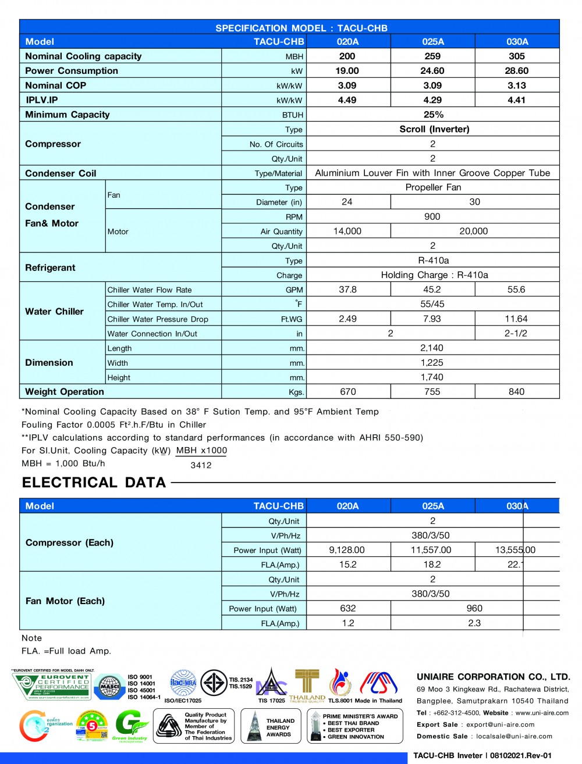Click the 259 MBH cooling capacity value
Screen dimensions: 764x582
(x=432, y=56)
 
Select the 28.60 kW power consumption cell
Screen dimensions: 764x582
(x=517, y=71)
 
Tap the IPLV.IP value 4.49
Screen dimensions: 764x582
(x=347, y=100)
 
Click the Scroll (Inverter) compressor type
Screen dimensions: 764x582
(x=434, y=129)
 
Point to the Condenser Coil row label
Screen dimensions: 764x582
(x=61, y=173)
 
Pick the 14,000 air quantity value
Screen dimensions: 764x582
(x=347, y=231)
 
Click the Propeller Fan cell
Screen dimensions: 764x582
(x=433, y=187)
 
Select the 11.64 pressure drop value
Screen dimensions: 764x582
(x=516, y=319)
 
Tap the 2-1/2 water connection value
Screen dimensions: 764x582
(x=516, y=333)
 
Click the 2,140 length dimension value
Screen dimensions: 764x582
(x=432, y=348)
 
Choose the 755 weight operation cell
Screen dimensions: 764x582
(x=432, y=392)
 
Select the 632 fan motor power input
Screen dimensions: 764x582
(x=348, y=608)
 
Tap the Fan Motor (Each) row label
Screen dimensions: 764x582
(x=65, y=601)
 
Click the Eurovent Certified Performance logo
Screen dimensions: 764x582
(x=52, y=686)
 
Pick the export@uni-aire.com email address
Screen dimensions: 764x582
(x=501, y=724)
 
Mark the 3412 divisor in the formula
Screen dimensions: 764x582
(x=201, y=465)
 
